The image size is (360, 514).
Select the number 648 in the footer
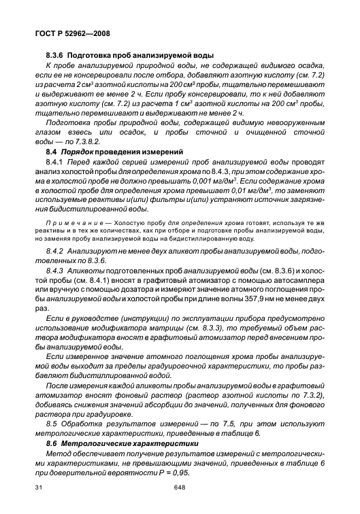coord(179,488)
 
